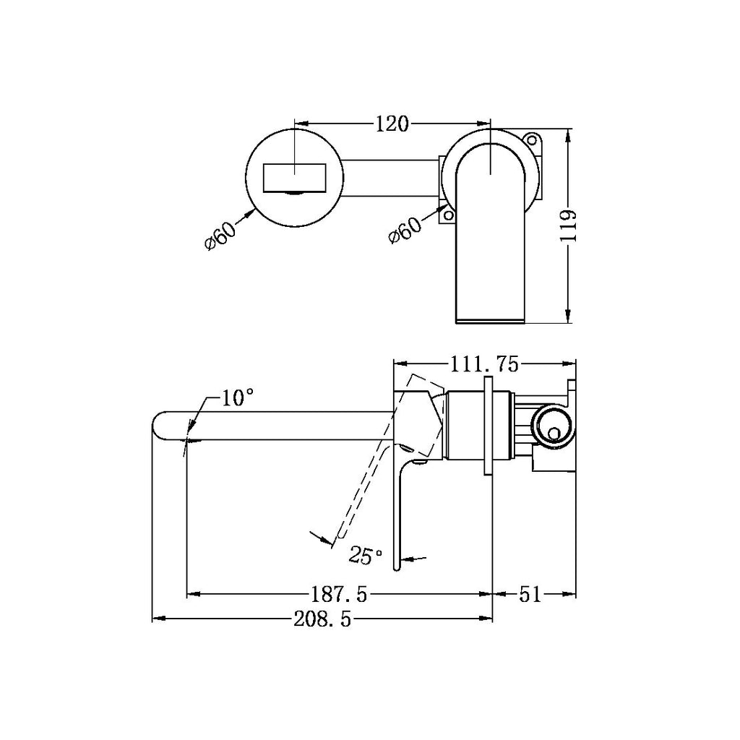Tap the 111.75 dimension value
coord(484,366)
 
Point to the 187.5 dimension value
coord(339,595)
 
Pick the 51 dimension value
coord(530,595)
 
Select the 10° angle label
coord(238,397)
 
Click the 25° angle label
coord(366,555)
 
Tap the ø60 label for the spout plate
coord(221,234)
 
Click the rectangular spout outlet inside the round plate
coord(295,178)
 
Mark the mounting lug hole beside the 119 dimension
coord(533,139)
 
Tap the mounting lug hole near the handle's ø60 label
coord(448,215)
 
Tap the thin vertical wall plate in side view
coord(488,426)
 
